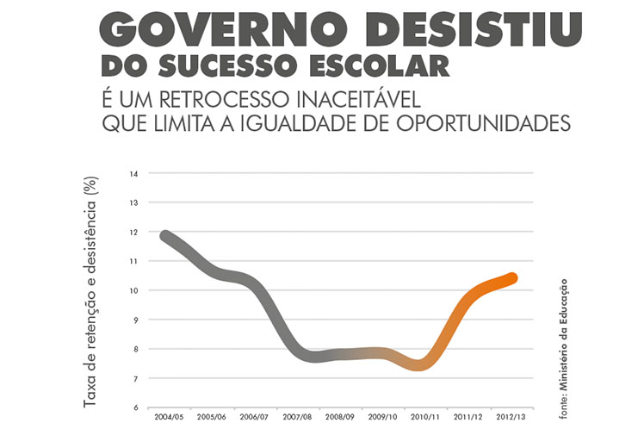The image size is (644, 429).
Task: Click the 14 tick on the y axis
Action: click(x=133, y=173)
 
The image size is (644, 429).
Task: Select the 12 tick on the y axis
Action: click(x=133, y=232)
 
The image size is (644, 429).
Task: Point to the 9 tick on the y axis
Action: click(x=134, y=320)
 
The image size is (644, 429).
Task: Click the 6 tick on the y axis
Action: click(x=134, y=407)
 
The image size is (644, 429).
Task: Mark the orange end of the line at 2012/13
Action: click(x=511, y=278)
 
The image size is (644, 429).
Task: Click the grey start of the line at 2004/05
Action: click(x=164, y=236)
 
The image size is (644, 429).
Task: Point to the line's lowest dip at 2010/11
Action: click(x=421, y=365)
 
